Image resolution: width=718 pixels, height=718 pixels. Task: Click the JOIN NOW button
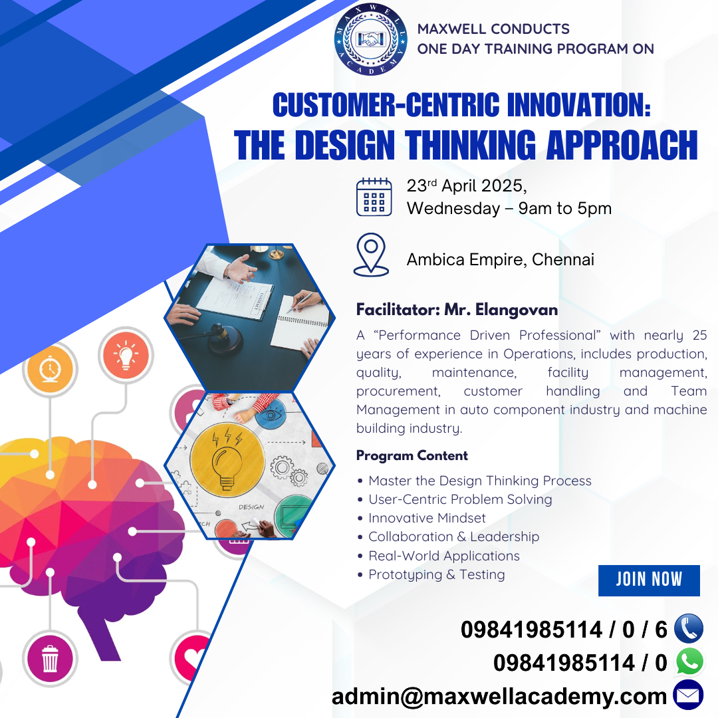tap(649, 580)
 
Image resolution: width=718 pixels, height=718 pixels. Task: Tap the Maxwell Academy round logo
tap(370, 39)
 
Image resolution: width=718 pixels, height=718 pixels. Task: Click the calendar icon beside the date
tap(374, 196)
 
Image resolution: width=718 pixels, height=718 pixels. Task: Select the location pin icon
tap(372, 255)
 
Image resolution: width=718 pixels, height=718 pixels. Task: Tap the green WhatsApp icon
tap(689, 661)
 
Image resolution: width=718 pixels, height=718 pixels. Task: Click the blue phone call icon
tap(689, 628)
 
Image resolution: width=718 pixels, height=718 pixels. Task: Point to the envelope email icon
tap(688, 695)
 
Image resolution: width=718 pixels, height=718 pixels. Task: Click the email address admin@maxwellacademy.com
tap(499, 697)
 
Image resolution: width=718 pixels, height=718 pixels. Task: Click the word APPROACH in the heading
tap(622, 145)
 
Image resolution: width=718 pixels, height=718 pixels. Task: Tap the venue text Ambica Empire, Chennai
tap(501, 260)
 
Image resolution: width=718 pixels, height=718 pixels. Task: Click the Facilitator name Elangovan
tap(517, 310)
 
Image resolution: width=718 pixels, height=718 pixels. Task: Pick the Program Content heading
tap(412, 455)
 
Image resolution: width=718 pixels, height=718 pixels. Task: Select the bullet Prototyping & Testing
tap(436, 574)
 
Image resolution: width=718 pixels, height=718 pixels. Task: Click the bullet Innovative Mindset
tap(427, 518)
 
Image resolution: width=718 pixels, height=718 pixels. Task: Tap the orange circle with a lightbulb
tap(126, 355)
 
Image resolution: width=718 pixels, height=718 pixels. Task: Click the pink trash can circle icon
tap(50, 659)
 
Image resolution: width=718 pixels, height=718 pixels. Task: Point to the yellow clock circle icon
tap(50, 369)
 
